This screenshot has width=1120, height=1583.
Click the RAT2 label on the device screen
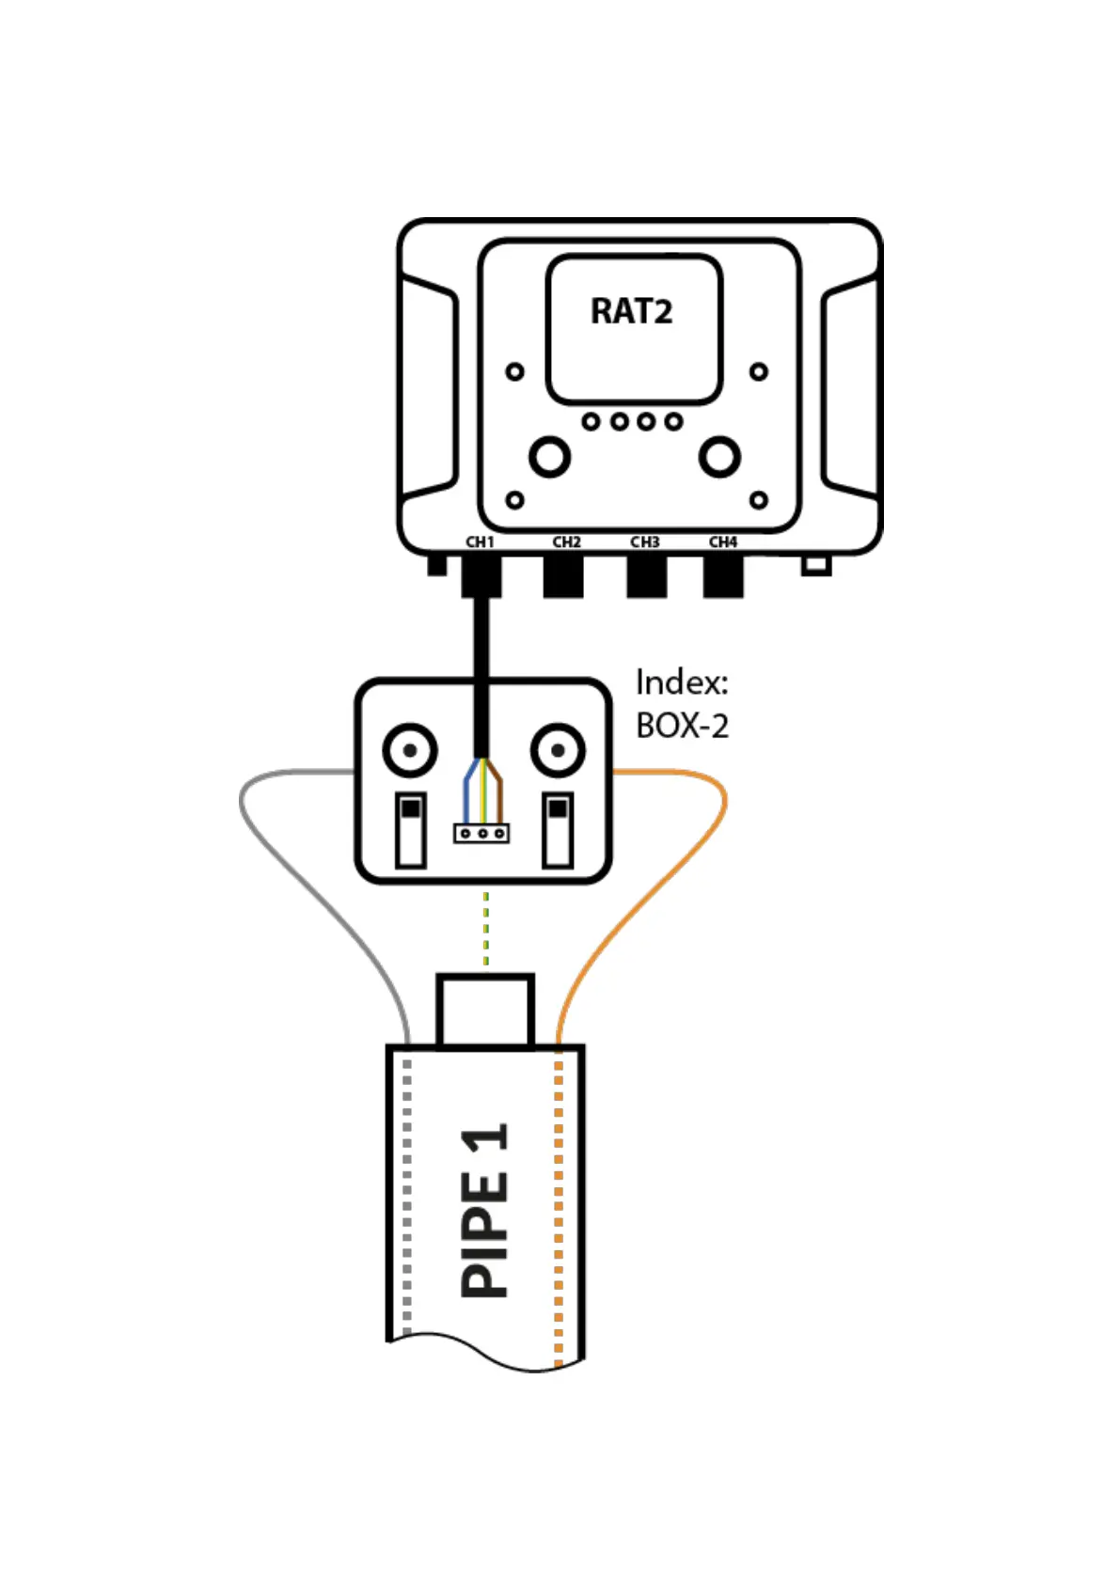coord(631,311)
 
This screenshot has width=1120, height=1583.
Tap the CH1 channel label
coord(480,542)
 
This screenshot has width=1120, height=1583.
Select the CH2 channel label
coord(566,542)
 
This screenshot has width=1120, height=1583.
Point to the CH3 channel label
coord(644,542)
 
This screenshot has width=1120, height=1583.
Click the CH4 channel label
coord(722,542)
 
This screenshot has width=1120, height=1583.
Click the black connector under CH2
coord(563,575)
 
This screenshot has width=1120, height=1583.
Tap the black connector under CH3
coord(646,575)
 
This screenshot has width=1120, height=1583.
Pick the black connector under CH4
coord(723,575)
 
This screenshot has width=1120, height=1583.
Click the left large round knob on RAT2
coord(549,457)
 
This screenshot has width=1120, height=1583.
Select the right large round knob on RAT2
coord(719,457)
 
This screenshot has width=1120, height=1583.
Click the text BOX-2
coord(682,726)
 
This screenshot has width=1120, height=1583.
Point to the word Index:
coord(682,682)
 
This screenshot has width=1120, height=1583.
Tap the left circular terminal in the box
coord(410,750)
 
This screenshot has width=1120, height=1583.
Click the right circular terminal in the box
coord(558,750)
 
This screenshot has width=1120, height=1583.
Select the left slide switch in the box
coord(411,829)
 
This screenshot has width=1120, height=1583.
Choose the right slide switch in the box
coord(558,829)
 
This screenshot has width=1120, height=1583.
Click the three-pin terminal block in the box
coord(481,833)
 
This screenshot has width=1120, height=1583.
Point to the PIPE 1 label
coord(484,1211)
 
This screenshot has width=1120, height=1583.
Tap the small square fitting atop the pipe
coord(485,1011)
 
